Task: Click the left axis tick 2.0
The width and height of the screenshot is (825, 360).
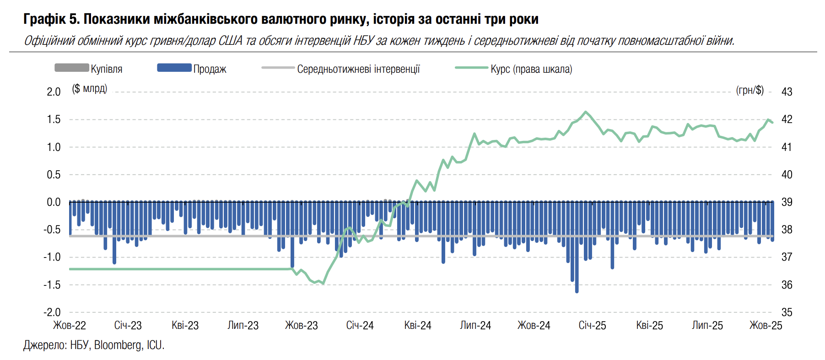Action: [54, 92]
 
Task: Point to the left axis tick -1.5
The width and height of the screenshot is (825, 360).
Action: [52, 285]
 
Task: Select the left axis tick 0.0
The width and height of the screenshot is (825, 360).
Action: [54, 202]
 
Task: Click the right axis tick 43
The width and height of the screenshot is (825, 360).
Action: [787, 92]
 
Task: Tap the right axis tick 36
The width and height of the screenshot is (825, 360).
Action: [787, 285]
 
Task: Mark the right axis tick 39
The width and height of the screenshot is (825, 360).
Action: [787, 202]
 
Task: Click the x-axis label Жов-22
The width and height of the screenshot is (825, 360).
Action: [70, 326]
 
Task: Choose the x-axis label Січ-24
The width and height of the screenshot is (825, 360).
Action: [360, 326]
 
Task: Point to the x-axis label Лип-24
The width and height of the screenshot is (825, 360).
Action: [475, 326]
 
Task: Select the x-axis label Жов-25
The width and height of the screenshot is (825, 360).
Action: [766, 326]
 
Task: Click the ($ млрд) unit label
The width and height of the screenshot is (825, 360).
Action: [90, 88]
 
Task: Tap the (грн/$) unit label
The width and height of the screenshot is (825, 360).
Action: [750, 90]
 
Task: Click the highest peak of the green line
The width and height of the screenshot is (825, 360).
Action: [585, 112]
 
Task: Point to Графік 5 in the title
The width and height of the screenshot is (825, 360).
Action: [51, 19]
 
